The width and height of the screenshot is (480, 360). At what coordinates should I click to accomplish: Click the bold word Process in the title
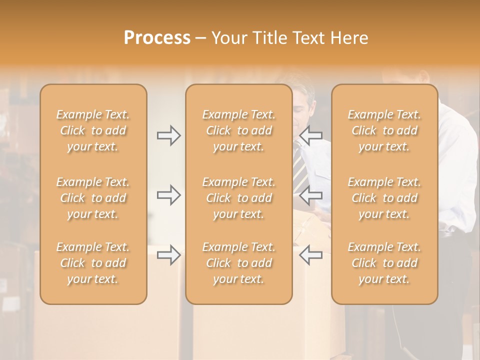pyautogui.click(x=157, y=38)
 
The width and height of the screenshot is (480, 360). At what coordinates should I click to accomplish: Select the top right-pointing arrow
pyautogui.click(x=169, y=135)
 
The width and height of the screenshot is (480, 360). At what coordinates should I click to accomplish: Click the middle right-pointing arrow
pyautogui.click(x=169, y=195)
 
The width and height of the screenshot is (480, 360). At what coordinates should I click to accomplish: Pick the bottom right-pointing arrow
pyautogui.click(x=169, y=255)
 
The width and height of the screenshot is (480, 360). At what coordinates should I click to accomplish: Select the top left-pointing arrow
pyautogui.click(x=310, y=135)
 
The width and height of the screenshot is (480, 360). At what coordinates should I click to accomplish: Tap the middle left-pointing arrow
pyautogui.click(x=310, y=195)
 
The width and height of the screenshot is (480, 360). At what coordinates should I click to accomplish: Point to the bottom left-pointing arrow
pyautogui.click(x=310, y=255)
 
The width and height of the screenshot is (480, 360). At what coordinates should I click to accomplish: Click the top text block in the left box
pyautogui.click(x=93, y=130)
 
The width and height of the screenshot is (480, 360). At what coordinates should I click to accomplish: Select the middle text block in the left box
pyautogui.click(x=93, y=198)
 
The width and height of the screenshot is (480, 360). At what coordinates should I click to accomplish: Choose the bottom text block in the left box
pyautogui.click(x=93, y=263)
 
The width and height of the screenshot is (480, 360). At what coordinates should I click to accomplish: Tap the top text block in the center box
pyautogui.click(x=239, y=130)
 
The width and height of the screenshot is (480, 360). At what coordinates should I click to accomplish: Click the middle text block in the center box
pyautogui.click(x=239, y=198)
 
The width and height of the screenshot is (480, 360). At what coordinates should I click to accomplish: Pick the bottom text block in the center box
pyautogui.click(x=239, y=263)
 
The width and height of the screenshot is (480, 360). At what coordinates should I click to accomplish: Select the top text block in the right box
pyautogui.click(x=384, y=130)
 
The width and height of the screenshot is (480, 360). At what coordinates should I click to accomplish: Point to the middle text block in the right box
pyautogui.click(x=384, y=198)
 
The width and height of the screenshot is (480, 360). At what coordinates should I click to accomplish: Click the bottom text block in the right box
pyautogui.click(x=384, y=263)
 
